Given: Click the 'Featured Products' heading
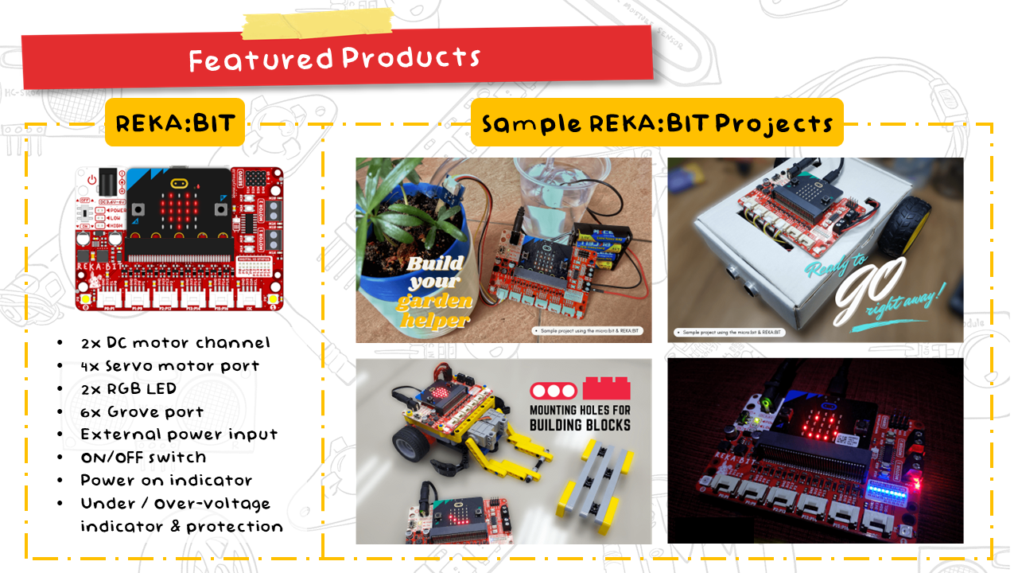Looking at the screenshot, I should [x=335, y=58].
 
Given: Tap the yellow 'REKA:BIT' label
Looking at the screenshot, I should [x=175, y=124].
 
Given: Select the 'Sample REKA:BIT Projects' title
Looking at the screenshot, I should [x=656, y=123].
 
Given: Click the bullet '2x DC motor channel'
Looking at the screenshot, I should [x=176, y=342].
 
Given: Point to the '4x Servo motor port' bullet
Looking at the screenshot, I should [x=170, y=365].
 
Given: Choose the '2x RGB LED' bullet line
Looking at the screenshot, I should [x=128, y=388].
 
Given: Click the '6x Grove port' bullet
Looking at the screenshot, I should [x=142, y=411].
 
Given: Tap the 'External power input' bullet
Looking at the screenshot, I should [x=179, y=435].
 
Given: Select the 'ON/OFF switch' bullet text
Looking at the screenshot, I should [x=143, y=458].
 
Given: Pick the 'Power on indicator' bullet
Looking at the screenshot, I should [x=166, y=481].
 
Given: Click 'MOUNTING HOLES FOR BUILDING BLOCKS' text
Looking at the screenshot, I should [x=580, y=415].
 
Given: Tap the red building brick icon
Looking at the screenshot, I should [x=607, y=387].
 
